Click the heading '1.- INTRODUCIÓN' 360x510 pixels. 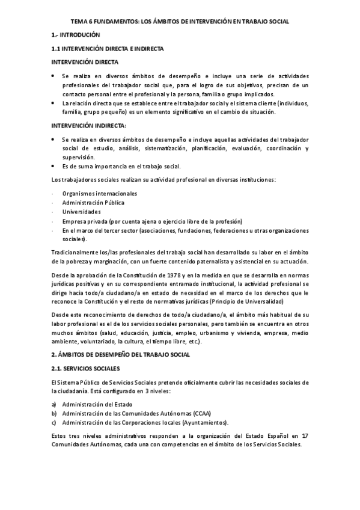click(76, 35)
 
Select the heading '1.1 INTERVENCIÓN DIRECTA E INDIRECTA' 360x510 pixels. click(108, 49)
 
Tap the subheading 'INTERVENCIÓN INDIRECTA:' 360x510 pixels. click(88, 125)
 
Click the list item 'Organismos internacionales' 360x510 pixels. click(99, 194)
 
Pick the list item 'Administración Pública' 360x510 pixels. click(93, 203)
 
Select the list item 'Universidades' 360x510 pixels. click(81, 212)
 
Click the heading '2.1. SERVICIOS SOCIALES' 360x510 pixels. click(85, 368)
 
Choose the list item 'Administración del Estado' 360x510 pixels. click(97, 404)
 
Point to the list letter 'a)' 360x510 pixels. click(54, 404)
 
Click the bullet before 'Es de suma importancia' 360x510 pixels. click(53, 165)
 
